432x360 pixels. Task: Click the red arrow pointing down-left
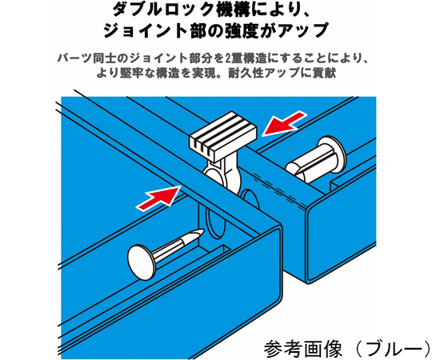point(283,123)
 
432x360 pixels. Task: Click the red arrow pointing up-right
point(158,198)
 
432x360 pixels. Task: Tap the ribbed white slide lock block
point(223,136)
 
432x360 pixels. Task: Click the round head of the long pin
point(142,262)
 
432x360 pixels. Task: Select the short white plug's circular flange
point(332,154)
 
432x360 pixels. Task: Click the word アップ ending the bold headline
point(303,30)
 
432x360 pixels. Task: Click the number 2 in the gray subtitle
point(227,58)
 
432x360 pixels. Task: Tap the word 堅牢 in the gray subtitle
point(131,73)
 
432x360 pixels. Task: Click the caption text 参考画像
point(303,349)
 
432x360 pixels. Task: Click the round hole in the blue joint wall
point(250,200)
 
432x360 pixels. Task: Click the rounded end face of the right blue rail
point(341,231)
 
